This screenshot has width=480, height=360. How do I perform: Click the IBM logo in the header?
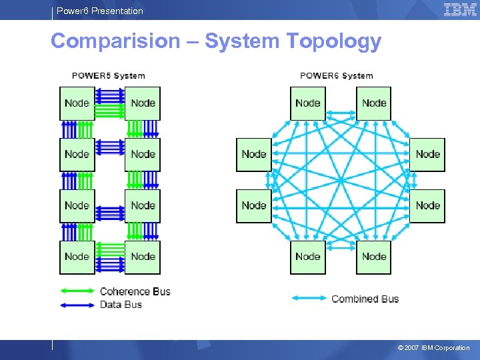pyautogui.click(x=460, y=9)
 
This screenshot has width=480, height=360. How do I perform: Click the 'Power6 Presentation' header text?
pyautogui.click(x=99, y=11)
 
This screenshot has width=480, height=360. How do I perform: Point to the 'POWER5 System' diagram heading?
pyautogui.click(x=108, y=76)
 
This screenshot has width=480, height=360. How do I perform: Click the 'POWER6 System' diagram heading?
pyautogui.click(x=337, y=76)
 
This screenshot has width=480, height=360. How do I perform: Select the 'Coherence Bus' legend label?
pyautogui.click(x=135, y=291)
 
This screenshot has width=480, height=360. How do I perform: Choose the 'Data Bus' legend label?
pyautogui.click(x=121, y=305)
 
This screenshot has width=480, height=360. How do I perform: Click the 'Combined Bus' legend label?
pyautogui.click(x=365, y=299)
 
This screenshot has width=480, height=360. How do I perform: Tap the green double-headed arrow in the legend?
pyautogui.click(x=78, y=291)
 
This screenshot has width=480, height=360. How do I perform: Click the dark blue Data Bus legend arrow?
pyautogui.click(x=78, y=305)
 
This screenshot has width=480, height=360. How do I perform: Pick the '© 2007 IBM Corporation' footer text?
pyautogui.click(x=433, y=348)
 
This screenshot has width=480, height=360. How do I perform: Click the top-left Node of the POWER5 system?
pyautogui.click(x=77, y=103)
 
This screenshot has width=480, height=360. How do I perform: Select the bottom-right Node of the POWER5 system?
pyautogui.click(x=143, y=257)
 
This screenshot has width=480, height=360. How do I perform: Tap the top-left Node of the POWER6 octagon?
pyautogui.click(x=307, y=103)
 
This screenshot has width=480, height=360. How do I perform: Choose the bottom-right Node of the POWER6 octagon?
pyautogui.click(x=373, y=257)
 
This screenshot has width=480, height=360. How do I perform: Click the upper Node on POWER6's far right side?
pyautogui.click(x=427, y=154)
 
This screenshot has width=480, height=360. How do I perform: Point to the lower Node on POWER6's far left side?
pyautogui.click(x=254, y=205)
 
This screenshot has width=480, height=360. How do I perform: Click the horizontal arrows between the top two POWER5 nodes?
pyautogui.click(x=110, y=103)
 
